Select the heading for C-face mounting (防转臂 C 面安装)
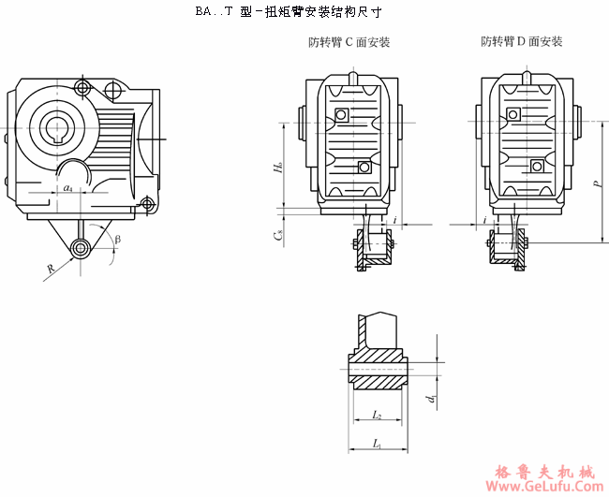349,42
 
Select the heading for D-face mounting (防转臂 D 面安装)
521,42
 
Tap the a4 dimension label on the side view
67,189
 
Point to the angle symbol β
117,239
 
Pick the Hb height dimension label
278,168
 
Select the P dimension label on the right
596,184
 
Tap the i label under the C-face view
396,220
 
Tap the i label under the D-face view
484,220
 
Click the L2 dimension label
376,413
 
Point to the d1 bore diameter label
430,400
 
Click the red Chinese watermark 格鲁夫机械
542,470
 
